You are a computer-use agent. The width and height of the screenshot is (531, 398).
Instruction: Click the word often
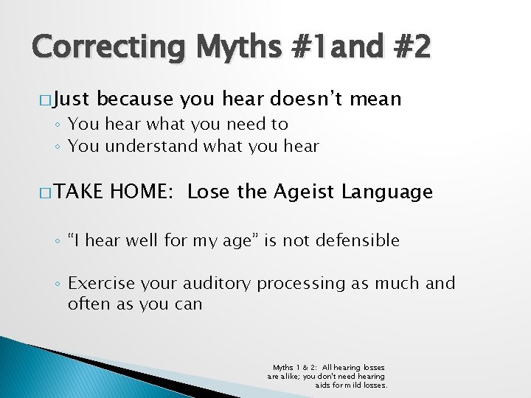click(x=89, y=304)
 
